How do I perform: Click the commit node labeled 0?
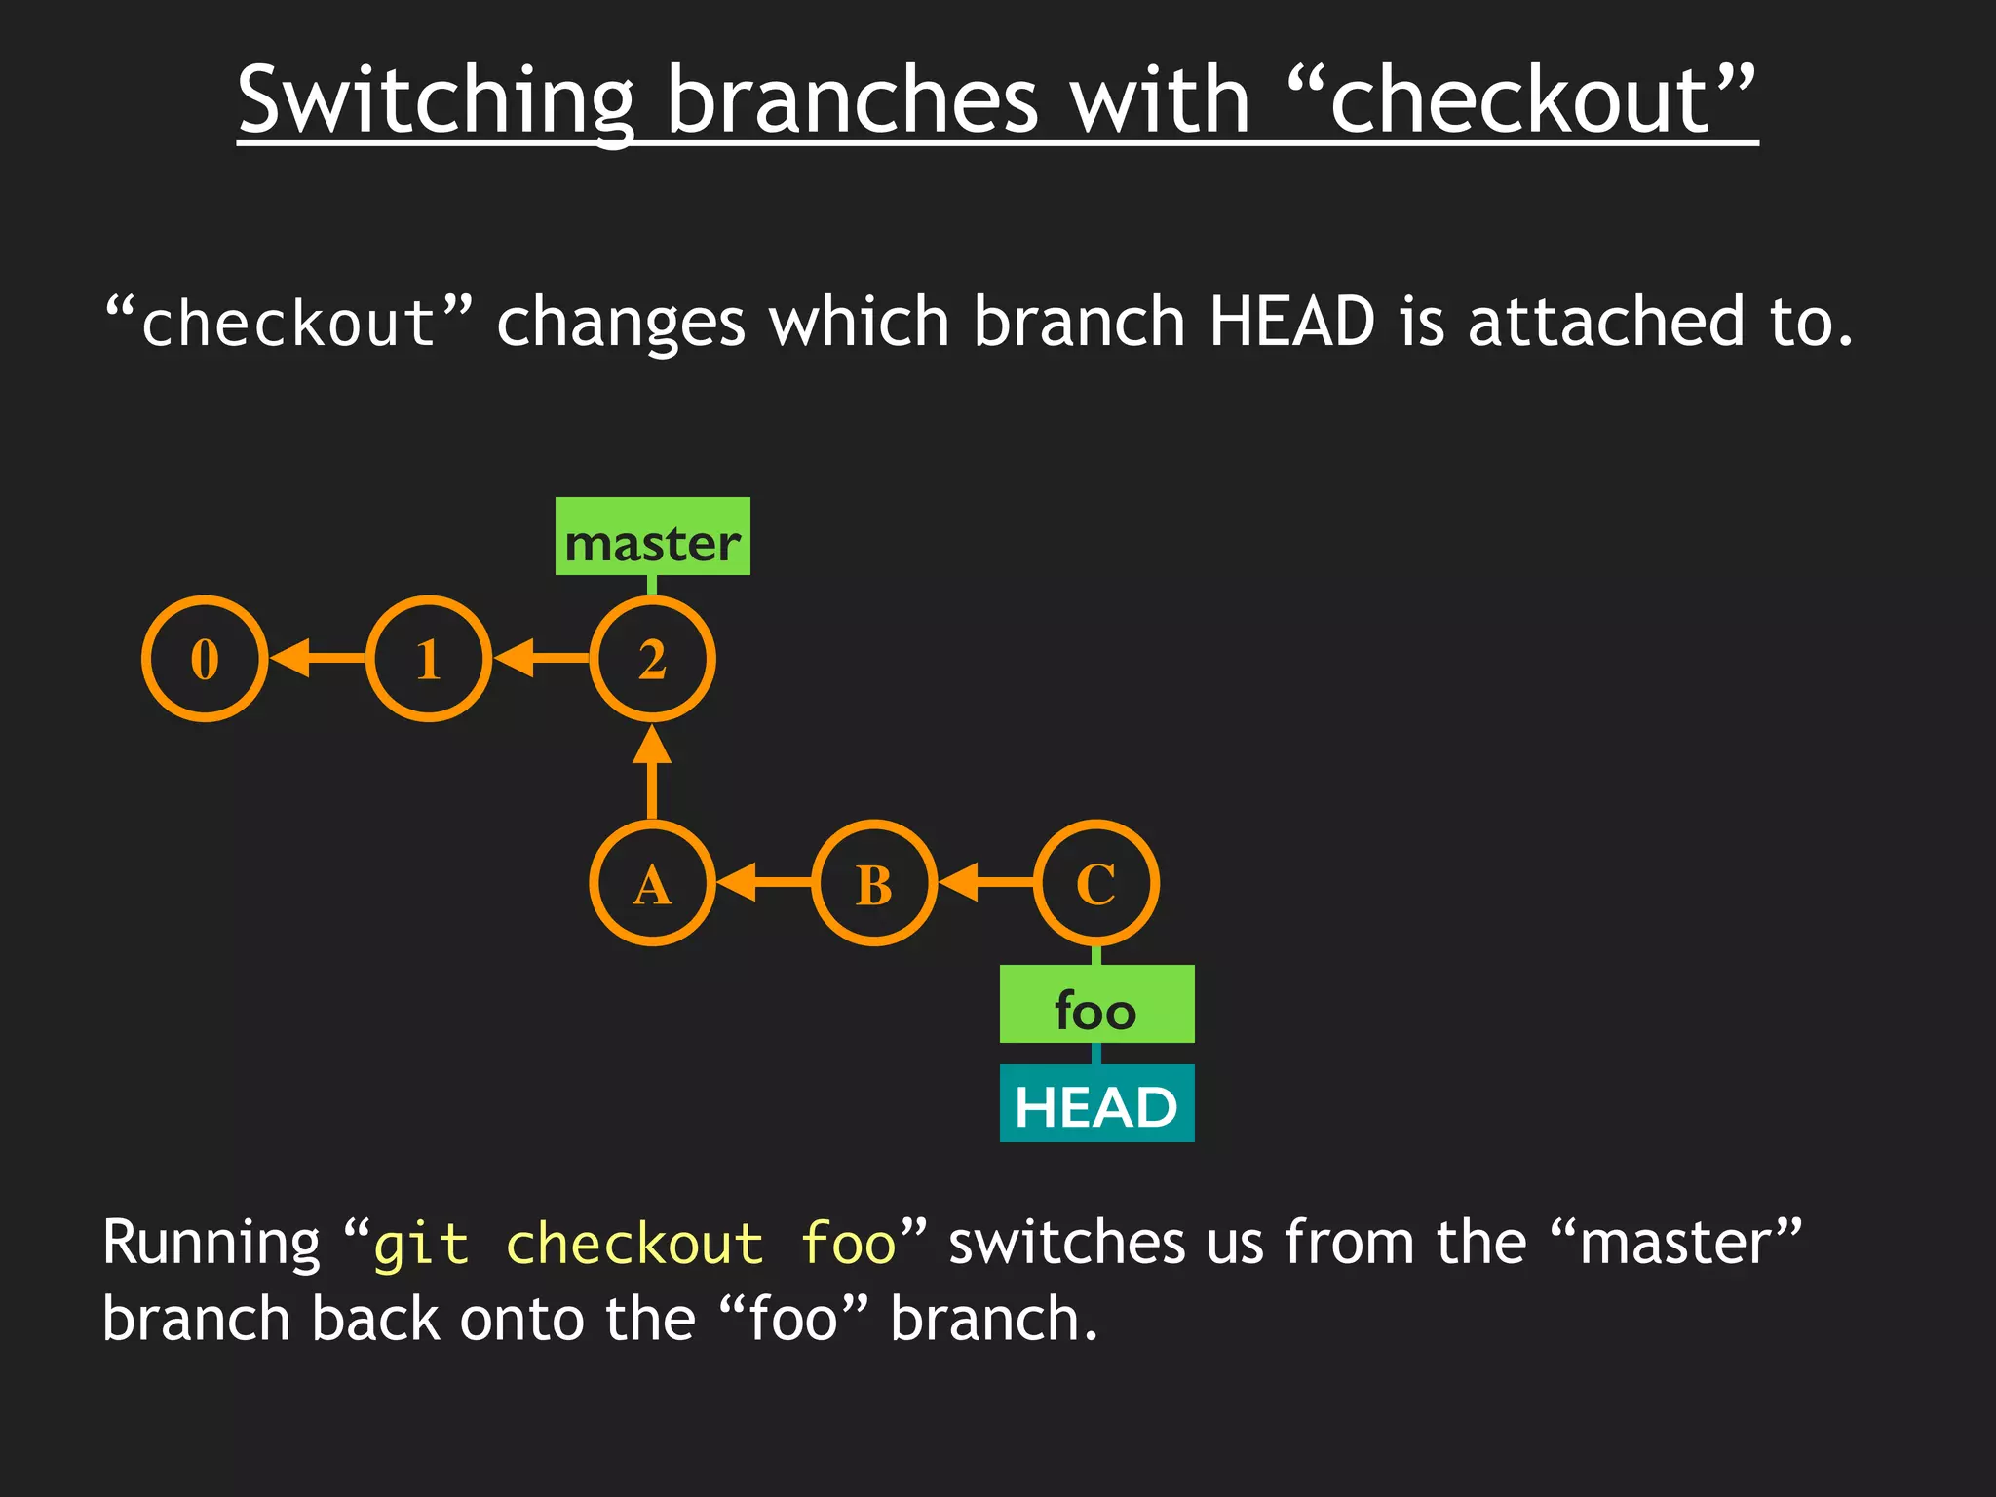point(205,659)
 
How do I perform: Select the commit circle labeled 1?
point(429,659)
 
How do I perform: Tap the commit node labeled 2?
point(652,659)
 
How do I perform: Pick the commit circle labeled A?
point(652,883)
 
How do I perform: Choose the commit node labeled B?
point(874,883)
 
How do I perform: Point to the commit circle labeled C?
point(1096,883)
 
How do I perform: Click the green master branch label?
point(652,537)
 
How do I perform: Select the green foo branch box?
point(1096,1004)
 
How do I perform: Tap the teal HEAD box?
point(1096,1103)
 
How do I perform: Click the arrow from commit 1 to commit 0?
point(317,659)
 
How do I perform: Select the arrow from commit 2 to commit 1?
point(541,659)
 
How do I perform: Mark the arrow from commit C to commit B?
point(985,883)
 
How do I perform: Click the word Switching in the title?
point(436,101)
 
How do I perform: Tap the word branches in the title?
point(853,101)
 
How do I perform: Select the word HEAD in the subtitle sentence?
point(1291,322)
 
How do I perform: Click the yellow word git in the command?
point(421,1246)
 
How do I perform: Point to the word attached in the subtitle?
point(1606,322)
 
